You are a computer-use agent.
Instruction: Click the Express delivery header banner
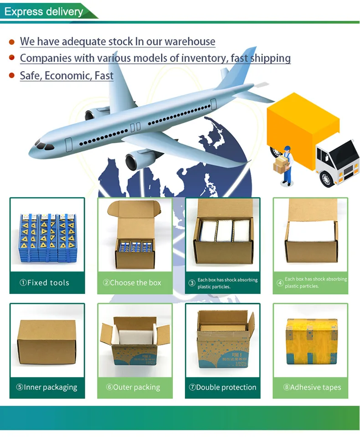coord(44,11)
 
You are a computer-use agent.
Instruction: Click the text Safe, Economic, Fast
coord(67,76)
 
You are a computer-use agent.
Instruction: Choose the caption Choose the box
coord(135,283)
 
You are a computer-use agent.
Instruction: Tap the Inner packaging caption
coord(47,388)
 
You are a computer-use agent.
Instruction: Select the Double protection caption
coord(223,388)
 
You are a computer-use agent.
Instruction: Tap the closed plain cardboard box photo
coord(46,342)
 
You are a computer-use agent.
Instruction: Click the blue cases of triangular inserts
coord(47,236)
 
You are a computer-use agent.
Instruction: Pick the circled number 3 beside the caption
coord(192,283)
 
